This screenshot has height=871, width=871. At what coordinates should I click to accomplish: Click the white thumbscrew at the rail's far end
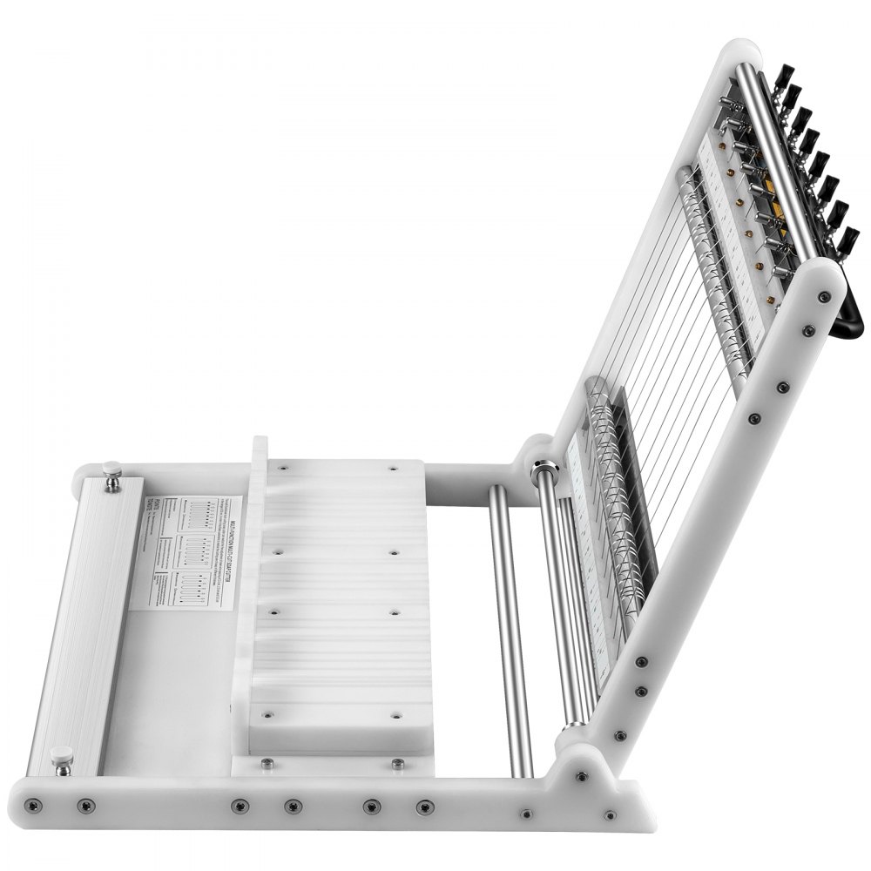(112, 474)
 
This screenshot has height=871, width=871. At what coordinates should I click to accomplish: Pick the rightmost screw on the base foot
(611, 816)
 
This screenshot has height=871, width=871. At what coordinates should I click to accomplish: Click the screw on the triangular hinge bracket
(581, 774)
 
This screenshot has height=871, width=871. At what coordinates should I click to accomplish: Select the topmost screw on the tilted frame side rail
(824, 297)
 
